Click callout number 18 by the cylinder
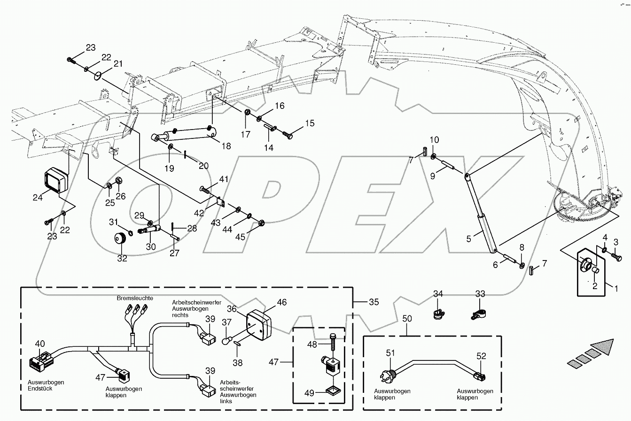(x=226, y=146)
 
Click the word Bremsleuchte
(x=132, y=299)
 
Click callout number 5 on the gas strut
(x=468, y=239)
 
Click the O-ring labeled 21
(x=97, y=76)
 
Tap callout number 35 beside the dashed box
(x=373, y=302)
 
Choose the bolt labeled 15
(x=288, y=135)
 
